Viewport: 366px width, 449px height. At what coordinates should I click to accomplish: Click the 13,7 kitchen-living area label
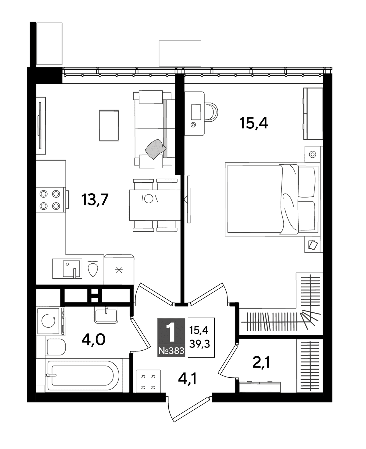(x=95, y=200)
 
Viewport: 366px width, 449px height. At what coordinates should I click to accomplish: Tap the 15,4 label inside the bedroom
(x=253, y=123)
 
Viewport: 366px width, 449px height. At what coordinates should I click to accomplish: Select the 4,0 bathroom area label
(x=93, y=340)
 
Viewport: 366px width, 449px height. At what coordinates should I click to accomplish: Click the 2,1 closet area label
(x=261, y=362)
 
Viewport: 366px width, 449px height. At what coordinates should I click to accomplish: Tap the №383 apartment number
(x=171, y=351)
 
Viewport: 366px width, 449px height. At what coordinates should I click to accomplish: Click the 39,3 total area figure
(x=199, y=344)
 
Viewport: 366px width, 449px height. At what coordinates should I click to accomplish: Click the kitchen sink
(x=67, y=269)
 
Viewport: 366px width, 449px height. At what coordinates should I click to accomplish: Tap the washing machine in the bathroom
(x=50, y=321)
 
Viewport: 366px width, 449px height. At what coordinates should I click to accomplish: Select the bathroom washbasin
(x=106, y=316)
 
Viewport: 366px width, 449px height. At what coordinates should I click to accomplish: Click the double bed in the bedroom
(x=273, y=199)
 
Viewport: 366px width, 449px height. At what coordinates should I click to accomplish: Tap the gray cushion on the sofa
(x=156, y=149)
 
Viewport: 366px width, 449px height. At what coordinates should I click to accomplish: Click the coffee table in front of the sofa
(x=109, y=126)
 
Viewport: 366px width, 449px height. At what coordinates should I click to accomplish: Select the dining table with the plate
(x=155, y=205)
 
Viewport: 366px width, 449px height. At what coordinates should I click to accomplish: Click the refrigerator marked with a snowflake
(x=119, y=269)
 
